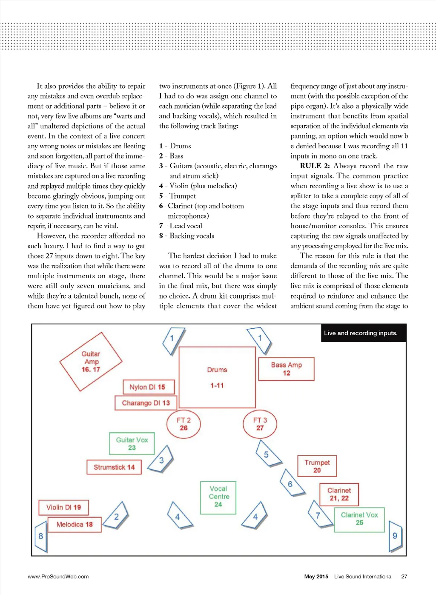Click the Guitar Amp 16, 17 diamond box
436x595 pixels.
coord(91,362)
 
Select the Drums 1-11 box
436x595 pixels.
coord(217,377)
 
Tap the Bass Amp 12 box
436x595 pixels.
coord(286,369)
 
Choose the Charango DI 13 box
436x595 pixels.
coord(146,402)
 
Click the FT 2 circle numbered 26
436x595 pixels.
coord(183,424)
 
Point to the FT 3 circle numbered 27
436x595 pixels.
coord(260,424)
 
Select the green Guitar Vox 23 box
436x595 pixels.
coord(132,443)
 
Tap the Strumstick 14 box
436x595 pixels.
coord(114,467)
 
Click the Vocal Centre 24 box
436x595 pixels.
coord(218,497)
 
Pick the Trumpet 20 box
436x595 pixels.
coord(317,466)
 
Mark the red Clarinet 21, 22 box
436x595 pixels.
coord(339,494)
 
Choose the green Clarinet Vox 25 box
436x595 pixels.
coord(359,519)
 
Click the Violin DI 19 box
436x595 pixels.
coord(63,507)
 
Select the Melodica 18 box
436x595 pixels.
coord(75,524)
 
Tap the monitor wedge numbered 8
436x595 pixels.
coord(40,537)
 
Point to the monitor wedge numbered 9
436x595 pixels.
coord(395,536)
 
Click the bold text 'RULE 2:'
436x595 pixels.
coord(315,166)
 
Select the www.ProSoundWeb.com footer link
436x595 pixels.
coord(58,576)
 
